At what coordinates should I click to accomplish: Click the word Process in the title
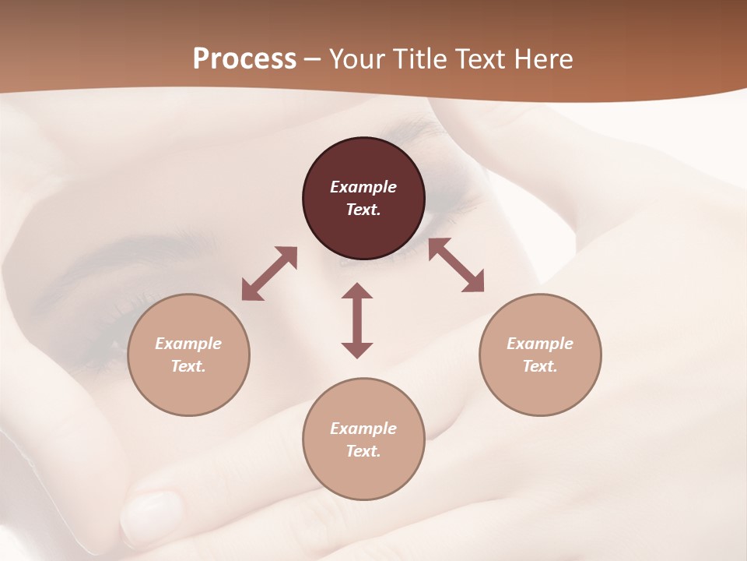[244, 59]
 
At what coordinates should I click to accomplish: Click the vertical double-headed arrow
[357, 320]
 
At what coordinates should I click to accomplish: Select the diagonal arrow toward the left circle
[269, 273]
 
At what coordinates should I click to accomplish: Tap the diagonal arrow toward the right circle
[456, 265]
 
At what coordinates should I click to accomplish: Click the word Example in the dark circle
[363, 187]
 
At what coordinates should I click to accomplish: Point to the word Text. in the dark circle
[363, 210]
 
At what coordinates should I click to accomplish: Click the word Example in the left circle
[188, 344]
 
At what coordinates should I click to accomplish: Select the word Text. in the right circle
[540, 366]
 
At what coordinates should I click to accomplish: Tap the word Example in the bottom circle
[363, 429]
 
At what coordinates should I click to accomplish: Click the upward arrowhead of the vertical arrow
[357, 291]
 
